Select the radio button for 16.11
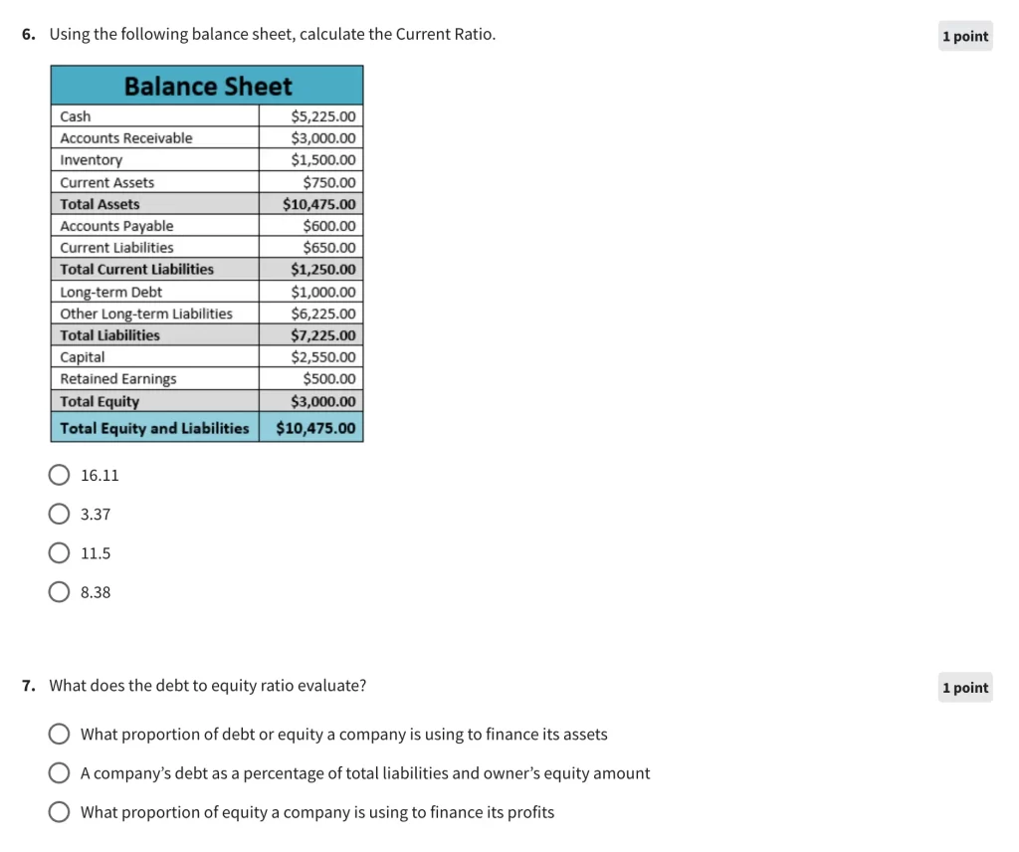[60, 475]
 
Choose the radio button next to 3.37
[60, 515]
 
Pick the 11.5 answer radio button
[60, 553]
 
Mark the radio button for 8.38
[60, 592]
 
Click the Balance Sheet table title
[207, 87]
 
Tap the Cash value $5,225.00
[322, 116]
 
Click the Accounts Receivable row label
[126, 138]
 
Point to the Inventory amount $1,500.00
[322, 160]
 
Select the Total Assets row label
[100, 204]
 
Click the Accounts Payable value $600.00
[328, 226]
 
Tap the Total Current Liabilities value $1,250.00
[322, 270]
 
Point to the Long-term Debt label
[110, 292]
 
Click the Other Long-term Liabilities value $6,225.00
[322, 314]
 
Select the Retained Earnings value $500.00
[328, 379]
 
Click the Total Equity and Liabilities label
[154, 428]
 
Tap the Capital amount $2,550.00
[322, 357]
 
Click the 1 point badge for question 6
[965, 37]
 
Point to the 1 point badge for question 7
[965, 688]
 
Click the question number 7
[29, 686]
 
